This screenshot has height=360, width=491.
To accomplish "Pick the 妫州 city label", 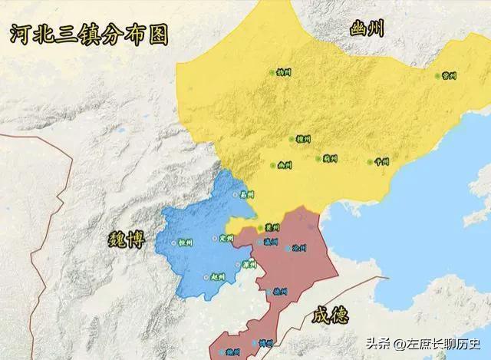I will tap(285, 72).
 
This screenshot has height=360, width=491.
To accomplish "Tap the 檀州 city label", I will tap(304, 140).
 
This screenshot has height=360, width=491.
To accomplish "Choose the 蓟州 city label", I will tap(331, 159).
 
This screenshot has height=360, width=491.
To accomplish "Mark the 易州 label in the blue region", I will tap(246, 195).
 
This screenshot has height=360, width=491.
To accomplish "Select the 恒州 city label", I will tap(185, 242).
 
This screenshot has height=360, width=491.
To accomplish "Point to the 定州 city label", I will tap(226, 238).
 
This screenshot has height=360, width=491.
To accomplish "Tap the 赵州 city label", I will tap(217, 277).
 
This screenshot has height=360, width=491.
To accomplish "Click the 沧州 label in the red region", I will tap(299, 249).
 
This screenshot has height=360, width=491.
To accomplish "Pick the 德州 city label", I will tap(281, 292).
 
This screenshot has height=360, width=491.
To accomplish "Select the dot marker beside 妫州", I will tap(272, 72).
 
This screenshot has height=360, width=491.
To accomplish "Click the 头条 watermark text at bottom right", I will tap(378, 343).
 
